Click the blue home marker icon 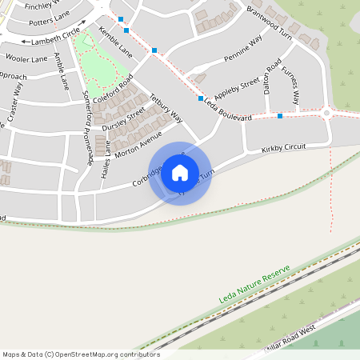point(180,172)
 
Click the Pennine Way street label point(243,50)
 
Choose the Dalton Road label point(271,78)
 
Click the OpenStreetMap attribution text point(80,354)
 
